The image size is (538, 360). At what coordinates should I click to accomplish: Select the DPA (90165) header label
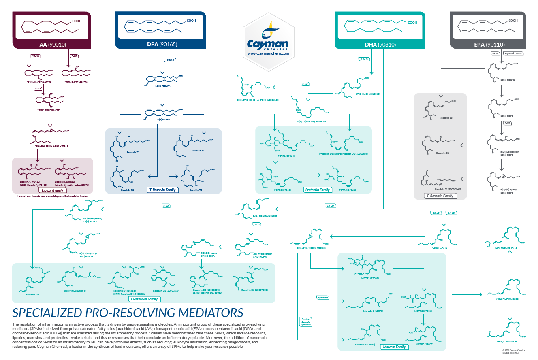pos(162,44)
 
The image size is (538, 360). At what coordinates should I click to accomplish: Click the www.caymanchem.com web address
pos(268,53)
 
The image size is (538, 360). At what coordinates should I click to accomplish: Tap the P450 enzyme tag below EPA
pos(494,53)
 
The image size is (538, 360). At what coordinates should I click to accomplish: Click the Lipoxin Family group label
pos(53,190)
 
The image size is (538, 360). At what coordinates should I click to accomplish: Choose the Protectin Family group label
pos(317,190)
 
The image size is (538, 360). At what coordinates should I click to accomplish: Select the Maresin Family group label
pos(394,347)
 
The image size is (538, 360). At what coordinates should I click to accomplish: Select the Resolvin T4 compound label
pos(198,150)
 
